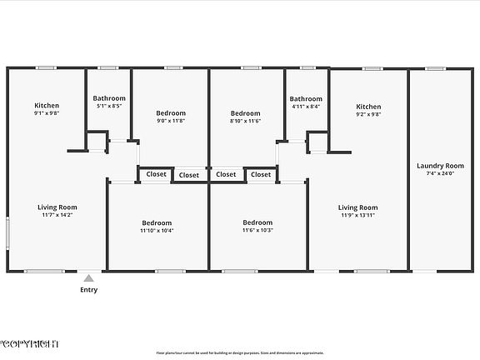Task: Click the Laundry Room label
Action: (440, 166)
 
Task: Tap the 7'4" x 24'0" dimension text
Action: (440, 173)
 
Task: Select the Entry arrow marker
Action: (88, 278)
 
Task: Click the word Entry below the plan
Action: (88, 290)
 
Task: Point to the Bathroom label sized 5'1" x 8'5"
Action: (109, 98)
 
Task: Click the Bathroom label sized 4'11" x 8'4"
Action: (306, 98)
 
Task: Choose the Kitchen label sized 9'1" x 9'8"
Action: (47, 105)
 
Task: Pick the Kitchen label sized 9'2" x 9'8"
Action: (368, 107)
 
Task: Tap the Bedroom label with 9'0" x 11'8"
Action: (171, 112)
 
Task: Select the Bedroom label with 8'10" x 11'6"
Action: (245, 113)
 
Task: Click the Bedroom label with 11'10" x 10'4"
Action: (157, 222)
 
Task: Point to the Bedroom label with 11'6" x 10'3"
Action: (257, 222)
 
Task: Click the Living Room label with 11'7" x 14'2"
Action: (57, 207)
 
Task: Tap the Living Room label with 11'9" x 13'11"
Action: (357, 207)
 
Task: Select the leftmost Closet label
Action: (156, 174)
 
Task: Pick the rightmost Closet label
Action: (261, 175)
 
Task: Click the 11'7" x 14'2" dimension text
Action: (57, 214)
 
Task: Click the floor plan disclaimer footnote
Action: (241, 352)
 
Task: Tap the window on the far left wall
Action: (8, 232)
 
